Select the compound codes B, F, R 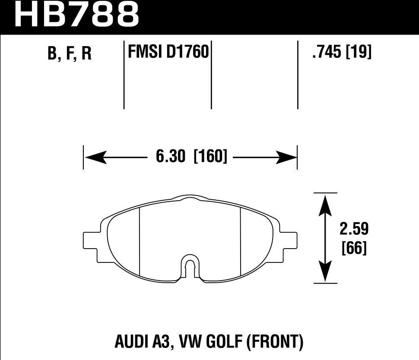click(x=70, y=54)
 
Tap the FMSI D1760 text click(x=168, y=53)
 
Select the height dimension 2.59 click(x=353, y=229)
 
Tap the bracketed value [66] click(x=354, y=248)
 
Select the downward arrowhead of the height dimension click(x=325, y=273)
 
